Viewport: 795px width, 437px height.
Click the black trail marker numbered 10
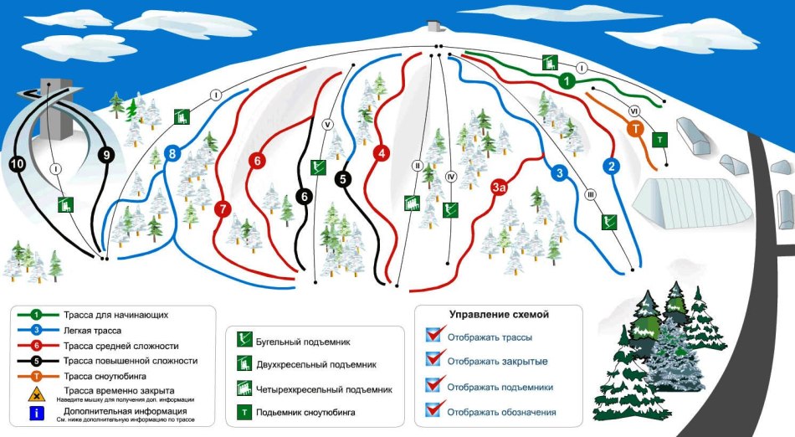[18, 164]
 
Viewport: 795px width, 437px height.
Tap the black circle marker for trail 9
[106, 155]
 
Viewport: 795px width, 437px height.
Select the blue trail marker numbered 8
[173, 153]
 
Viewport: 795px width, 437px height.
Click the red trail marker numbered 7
[223, 208]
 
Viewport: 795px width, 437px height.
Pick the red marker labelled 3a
[499, 187]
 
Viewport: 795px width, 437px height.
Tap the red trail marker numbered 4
[382, 153]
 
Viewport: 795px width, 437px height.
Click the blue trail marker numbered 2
[612, 166]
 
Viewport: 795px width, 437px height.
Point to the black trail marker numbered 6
[305, 196]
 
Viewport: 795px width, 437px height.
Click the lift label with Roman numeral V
[327, 125]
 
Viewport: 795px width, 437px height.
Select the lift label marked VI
[633, 111]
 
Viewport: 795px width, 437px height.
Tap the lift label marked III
[590, 195]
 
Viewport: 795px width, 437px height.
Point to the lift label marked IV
[451, 177]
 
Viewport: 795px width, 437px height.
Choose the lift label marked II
[418, 165]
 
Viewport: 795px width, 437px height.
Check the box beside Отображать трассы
[433, 335]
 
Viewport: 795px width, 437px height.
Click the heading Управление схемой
[499, 315]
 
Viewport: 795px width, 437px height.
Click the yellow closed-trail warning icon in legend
[37, 394]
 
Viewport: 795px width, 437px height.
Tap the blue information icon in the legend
[37, 414]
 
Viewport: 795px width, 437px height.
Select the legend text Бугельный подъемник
[303, 342]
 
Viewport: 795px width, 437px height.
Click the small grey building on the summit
[433, 26]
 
